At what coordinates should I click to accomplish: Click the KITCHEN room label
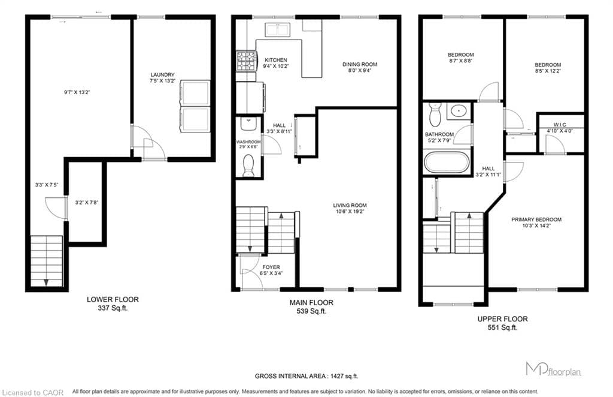pos(276,60)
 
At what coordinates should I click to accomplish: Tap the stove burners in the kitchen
pos(247,61)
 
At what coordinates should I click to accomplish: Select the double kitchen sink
pos(277,30)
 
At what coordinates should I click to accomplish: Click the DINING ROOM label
pos(360,64)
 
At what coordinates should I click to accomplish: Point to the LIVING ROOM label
pos(350,205)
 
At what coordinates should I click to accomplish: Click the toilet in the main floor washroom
pos(248,166)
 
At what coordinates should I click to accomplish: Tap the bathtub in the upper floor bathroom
pos(447,162)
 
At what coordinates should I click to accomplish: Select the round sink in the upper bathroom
pos(458,111)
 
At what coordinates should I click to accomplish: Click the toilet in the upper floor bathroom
pos(435,114)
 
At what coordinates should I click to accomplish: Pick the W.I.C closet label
pos(560,125)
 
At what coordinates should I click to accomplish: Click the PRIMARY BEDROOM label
pos(536,219)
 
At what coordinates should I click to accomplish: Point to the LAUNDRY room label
pos(162,74)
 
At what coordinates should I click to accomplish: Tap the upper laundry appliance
pos(195,93)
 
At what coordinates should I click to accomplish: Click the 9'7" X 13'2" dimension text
pos(77,92)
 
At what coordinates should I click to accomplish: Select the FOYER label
pos(271,267)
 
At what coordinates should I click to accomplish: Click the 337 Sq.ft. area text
pos(113,308)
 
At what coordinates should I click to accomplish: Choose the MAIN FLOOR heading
pos(311,303)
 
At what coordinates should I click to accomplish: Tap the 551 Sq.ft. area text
pos(502,327)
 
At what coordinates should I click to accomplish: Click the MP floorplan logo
pos(553,369)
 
